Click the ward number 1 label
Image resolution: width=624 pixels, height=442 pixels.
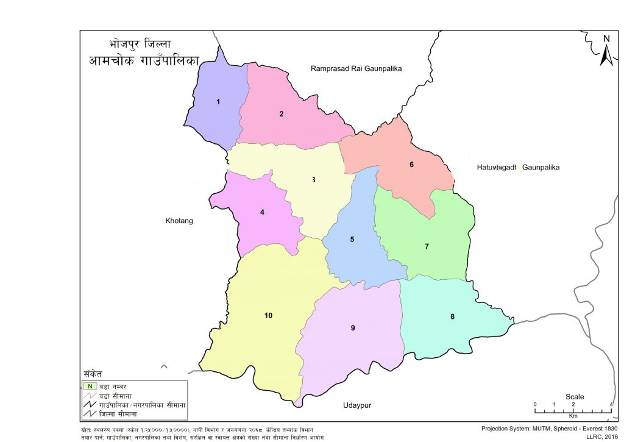[x=218, y=102]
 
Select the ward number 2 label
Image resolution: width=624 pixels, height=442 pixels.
[x=282, y=113]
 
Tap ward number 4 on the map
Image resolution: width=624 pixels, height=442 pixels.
[x=262, y=212]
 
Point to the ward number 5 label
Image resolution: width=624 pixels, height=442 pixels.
[x=352, y=239]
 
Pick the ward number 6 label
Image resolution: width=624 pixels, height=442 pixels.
[x=412, y=165]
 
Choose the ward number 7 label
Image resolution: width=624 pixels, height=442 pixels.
[x=427, y=246]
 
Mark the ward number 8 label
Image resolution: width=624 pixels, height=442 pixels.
[x=452, y=316]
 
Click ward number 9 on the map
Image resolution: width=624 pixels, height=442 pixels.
[x=353, y=328]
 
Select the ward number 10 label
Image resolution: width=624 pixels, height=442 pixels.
[x=268, y=315]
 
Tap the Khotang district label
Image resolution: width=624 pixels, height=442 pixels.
[x=179, y=221]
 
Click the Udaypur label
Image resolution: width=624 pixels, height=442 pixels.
[x=357, y=405]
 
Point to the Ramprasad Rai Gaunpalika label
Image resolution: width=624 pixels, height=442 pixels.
[x=356, y=69]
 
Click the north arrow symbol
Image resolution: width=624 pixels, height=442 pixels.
[x=606, y=51]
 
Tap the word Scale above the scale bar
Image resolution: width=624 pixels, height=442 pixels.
[x=575, y=397]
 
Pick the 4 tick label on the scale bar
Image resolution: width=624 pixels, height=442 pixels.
[x=611, y=405]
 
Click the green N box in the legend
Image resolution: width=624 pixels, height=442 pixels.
[x=90, y=385]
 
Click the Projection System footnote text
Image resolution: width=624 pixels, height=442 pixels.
[x=550, y=429]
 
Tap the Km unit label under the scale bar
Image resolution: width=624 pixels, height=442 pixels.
[x=573, y=416]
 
